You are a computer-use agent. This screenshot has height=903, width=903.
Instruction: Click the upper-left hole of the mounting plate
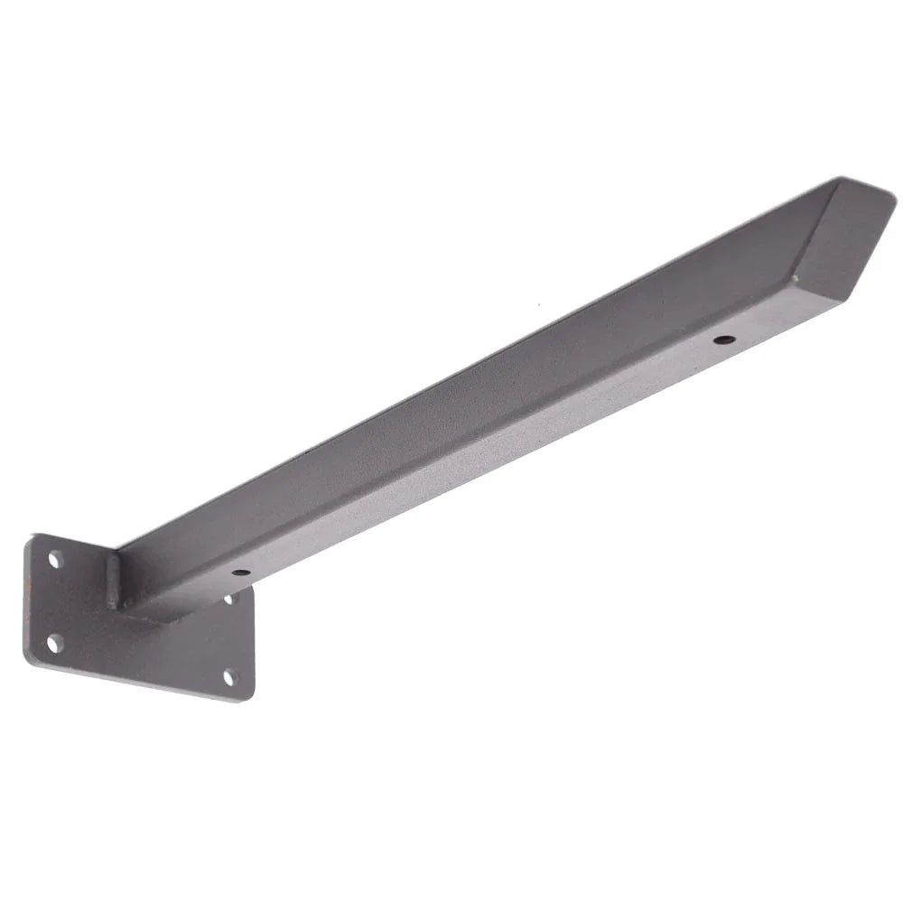coord(55,560)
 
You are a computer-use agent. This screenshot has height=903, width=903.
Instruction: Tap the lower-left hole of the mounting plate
coord(54,643)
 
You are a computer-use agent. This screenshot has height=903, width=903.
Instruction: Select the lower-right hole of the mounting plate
coord(230,676)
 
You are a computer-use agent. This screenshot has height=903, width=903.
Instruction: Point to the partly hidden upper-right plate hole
coord(228,598)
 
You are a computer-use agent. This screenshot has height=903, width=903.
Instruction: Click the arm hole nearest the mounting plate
coord(240,572)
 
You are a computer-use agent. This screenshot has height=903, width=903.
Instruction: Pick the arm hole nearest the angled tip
coord(724,340)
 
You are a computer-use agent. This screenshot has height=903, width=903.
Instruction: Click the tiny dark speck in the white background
coord(539,304)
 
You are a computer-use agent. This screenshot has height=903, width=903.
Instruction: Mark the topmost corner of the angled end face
coord(840,178)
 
